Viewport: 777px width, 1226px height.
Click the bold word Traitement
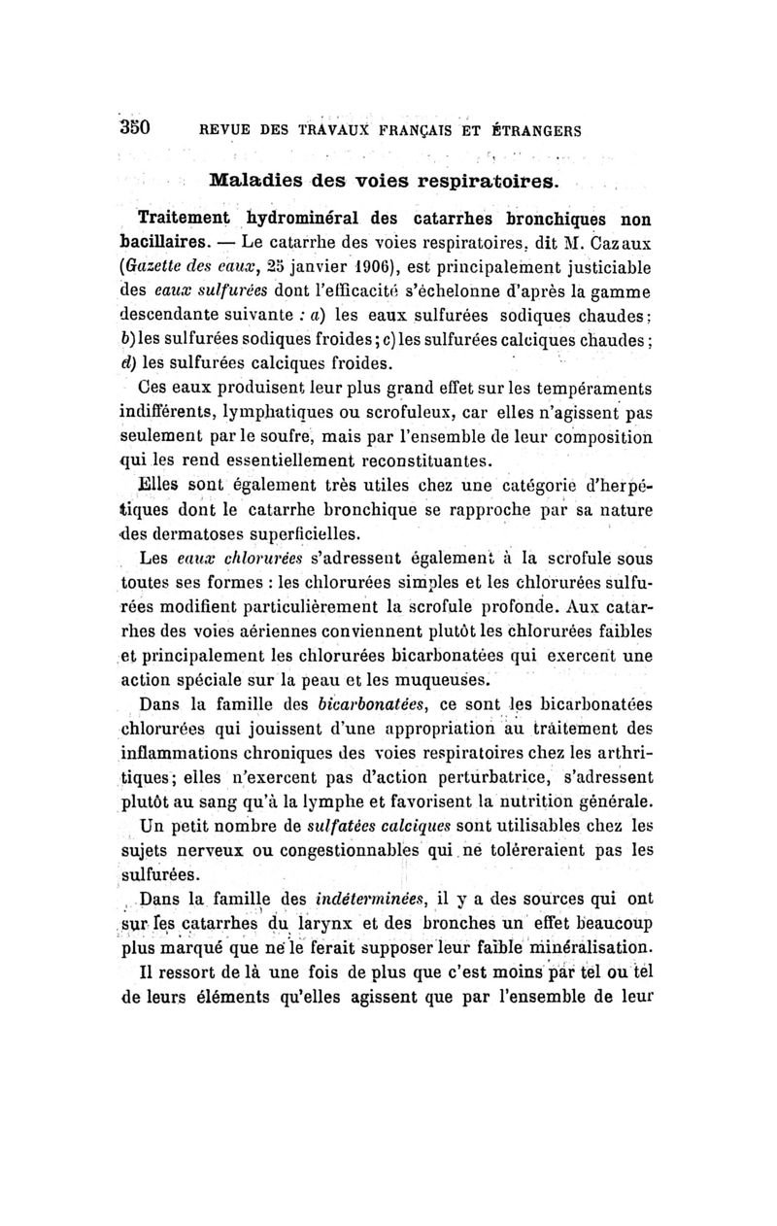(x=186, y=215)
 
